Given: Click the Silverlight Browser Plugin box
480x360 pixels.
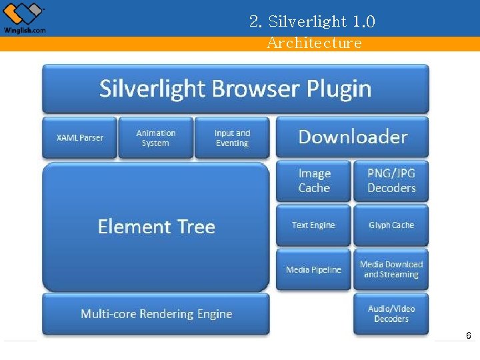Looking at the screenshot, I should click(235, 89).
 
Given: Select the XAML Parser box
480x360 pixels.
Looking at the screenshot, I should click(80, 138).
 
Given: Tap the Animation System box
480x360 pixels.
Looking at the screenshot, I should click(156, 138).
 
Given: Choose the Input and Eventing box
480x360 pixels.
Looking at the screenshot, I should click(232, 138).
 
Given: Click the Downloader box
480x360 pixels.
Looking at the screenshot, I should click(353, 137).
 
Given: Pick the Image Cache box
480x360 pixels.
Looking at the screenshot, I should click(314, 181).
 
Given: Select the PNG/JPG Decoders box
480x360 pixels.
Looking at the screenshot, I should click(391, 181).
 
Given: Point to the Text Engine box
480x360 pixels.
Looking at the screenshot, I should click(313, 225).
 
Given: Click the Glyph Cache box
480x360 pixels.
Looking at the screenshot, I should click(391, 225).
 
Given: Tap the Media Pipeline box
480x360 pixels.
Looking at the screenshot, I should click(313, 269).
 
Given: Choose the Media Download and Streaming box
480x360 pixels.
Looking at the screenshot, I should click(391, 269).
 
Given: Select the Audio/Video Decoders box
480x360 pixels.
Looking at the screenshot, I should click(391, 313).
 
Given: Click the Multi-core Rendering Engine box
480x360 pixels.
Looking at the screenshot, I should click(156, 313).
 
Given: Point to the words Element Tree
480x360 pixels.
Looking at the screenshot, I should click(156, 227).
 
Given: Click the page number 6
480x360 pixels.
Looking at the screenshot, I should click(469, 336).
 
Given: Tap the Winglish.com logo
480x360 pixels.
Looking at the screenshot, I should click(25, 18).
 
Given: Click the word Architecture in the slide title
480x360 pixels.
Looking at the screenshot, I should click(314, 43).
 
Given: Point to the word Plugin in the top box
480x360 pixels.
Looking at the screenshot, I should click(339, 89).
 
